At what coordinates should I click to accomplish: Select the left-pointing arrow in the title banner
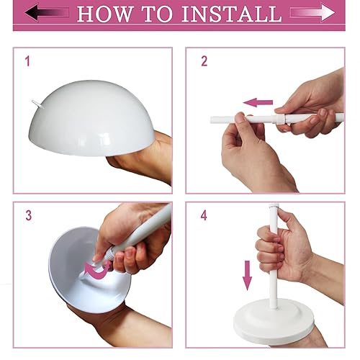tap(47, 13)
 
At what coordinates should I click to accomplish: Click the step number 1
tap(27, 62)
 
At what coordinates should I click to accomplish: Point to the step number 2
tap(204, 62)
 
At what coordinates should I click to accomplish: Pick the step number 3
tap(28, 215)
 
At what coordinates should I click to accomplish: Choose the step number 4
tap(204, 215)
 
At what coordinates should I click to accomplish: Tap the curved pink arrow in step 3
tap(95, 270)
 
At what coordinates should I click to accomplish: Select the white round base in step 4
tap(274, 317)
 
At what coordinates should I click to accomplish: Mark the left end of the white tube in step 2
tap(213, 120)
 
